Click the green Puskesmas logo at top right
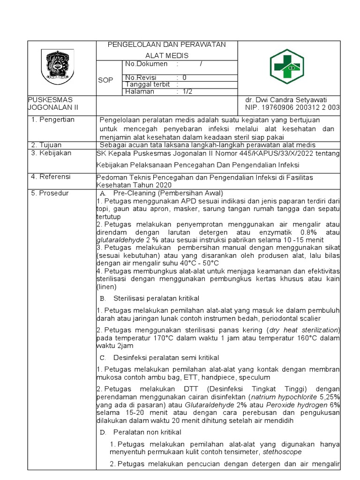click(x=290, y=68)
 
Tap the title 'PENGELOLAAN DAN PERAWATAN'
click(x=167, y=45)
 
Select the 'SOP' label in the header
click(x=105, y=80)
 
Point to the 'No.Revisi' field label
click(x=141, y=77)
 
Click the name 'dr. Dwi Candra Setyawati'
click(x=286, y=100)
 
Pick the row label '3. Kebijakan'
click(x=51, y=153)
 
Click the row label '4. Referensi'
click(x=51, y=177)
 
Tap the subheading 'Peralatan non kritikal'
click(x=147, y=432)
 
